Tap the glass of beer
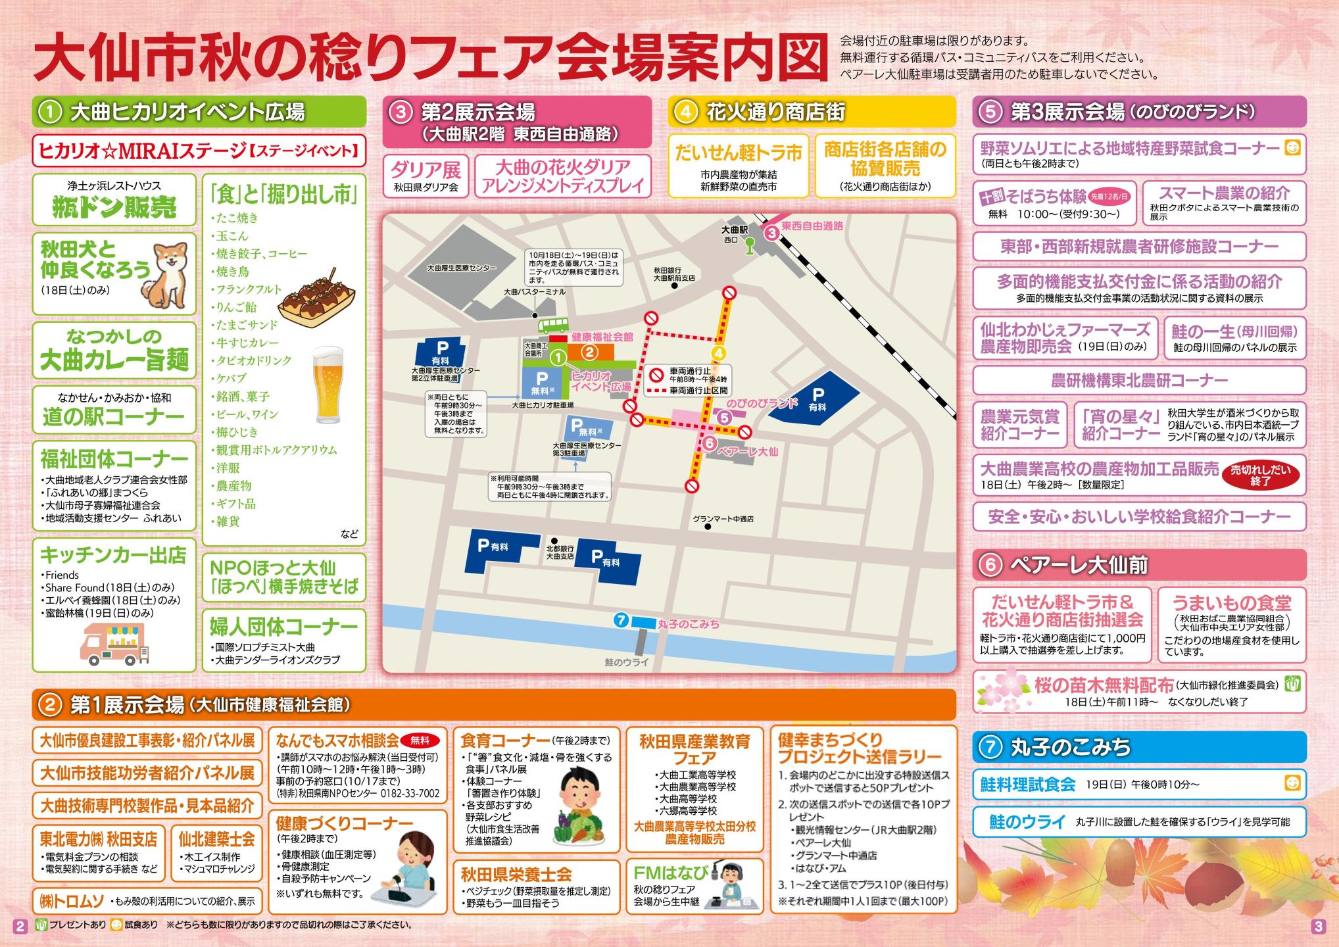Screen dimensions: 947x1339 (x=328, y=386)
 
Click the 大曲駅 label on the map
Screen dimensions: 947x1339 (x=735, y=230)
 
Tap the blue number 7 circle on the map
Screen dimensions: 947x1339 (x=620, y=619)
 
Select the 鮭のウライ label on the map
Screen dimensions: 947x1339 (x=626, y=662)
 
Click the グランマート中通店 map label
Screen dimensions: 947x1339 (x=723, y=519)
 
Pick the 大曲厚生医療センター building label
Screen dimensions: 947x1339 (x=462, y=268)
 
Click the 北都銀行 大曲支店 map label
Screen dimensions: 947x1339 (x=560, y=552)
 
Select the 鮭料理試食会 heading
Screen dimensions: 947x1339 (x=1027, y=784)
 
